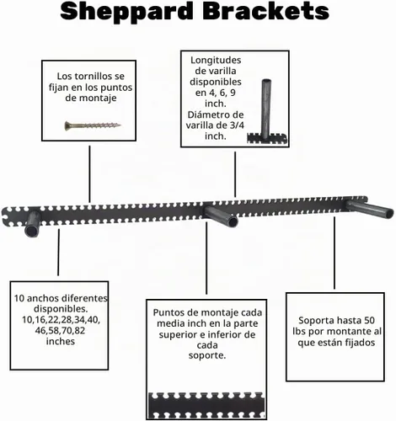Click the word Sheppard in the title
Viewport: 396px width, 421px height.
tap(127, 12)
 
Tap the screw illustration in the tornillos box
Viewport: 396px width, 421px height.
tap(93, 125)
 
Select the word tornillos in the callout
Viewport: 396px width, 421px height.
tap(90, 76)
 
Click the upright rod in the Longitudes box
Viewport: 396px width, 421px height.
tap(266, 108)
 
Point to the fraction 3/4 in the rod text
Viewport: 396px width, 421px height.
tap(237, 125)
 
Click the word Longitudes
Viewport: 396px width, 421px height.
tap(216, 60)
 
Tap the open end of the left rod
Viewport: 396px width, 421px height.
tap(31, 231)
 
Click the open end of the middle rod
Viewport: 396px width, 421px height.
tap(233, 222)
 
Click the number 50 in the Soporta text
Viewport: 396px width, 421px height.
tap(369, 321)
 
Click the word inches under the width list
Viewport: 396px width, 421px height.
tap(61, 341)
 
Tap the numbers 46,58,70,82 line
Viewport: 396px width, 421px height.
tap(60, 331)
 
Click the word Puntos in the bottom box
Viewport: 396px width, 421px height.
tap(166, 312)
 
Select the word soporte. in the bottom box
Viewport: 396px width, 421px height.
tap(207, 355)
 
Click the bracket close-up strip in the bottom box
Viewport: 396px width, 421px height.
tap(206, 406)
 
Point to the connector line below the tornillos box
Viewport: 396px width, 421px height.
tap(89, 174)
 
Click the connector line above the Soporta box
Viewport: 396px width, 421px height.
tap(334, 253)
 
